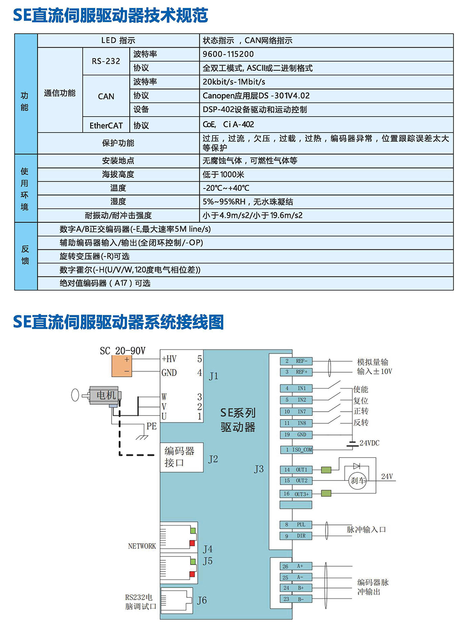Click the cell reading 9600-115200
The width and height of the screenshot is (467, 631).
pyautogui.click(x=228, y=54)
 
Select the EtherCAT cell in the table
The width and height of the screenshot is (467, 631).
pyautogui.click(x=106, y=125)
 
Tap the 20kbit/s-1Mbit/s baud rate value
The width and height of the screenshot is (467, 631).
pyautogui.click(x=234, y=82)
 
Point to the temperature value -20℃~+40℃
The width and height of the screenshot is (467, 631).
pyautogui.click(x=226, y=188)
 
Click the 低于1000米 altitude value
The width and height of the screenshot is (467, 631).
pyautogui.click(x=223, y=174)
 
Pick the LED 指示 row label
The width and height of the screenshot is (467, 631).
pyautogui.click(x=118, y=40)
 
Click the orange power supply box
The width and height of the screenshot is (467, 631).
pyautogui.click(x=121, y=366)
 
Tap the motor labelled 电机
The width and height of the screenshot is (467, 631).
pyautogui.click(x=104, y=395)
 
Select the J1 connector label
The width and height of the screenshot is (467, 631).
pyautogui.click(x=213, y=376)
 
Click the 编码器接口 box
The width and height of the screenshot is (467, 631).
pyautogui.click(x=182, y=457)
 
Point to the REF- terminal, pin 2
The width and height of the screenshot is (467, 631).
pyautogui.click(x=296, y=361)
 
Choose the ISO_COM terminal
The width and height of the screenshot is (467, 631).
pyautogui.click(x=296, y=450)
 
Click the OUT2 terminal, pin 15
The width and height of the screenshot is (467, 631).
pyautogui.click(x=296, y=480)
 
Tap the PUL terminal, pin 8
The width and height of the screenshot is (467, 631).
pyautogui.click(x=296, y=524)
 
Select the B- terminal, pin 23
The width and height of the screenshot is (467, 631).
pyautogui.click(x=296, y=599)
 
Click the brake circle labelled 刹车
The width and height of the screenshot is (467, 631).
pyautogui.click(x=357, y=480)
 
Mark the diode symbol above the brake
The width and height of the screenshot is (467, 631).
pyautogui.click(x=356, y=466)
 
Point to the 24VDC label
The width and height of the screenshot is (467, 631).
pyautogui.click(x=369, y=443)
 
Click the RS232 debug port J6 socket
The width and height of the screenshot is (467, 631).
pyautogui.click(x=177, y=601)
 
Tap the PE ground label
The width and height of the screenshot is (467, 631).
pyautogui.click(x=151, y=426)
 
